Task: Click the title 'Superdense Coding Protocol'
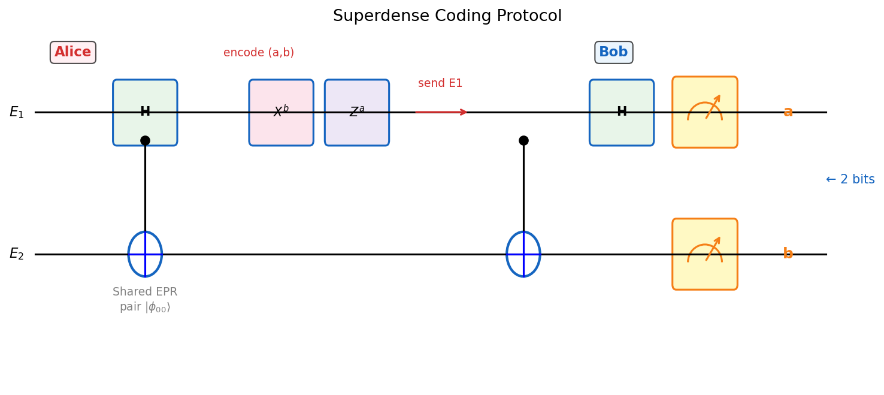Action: tap(447, 16)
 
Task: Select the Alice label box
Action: tap(73, 52)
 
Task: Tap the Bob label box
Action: tap(613, 52)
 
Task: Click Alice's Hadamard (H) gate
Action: tap(145, 112)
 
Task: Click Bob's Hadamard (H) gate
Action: tap(621, 112)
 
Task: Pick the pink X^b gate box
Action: tap(281, 112)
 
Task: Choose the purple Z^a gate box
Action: tap(357, 112)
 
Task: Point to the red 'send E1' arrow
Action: tap(441, 112)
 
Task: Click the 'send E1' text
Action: tap(440, 83)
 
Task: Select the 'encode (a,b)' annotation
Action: tap(259, 53)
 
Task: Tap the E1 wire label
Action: tap(17, 112)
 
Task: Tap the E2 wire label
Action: tap(17, 254)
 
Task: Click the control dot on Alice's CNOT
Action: tap(145, 140)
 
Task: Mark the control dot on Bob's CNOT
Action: tap(523, 140)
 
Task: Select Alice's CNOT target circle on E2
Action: tap(145, 254)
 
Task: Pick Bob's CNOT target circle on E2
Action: tap(523, 254)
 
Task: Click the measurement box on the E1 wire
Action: tap(704, 112)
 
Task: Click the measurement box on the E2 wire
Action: tap(704, 254)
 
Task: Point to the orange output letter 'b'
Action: tap(788, 254)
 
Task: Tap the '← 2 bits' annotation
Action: tap(850, 179)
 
